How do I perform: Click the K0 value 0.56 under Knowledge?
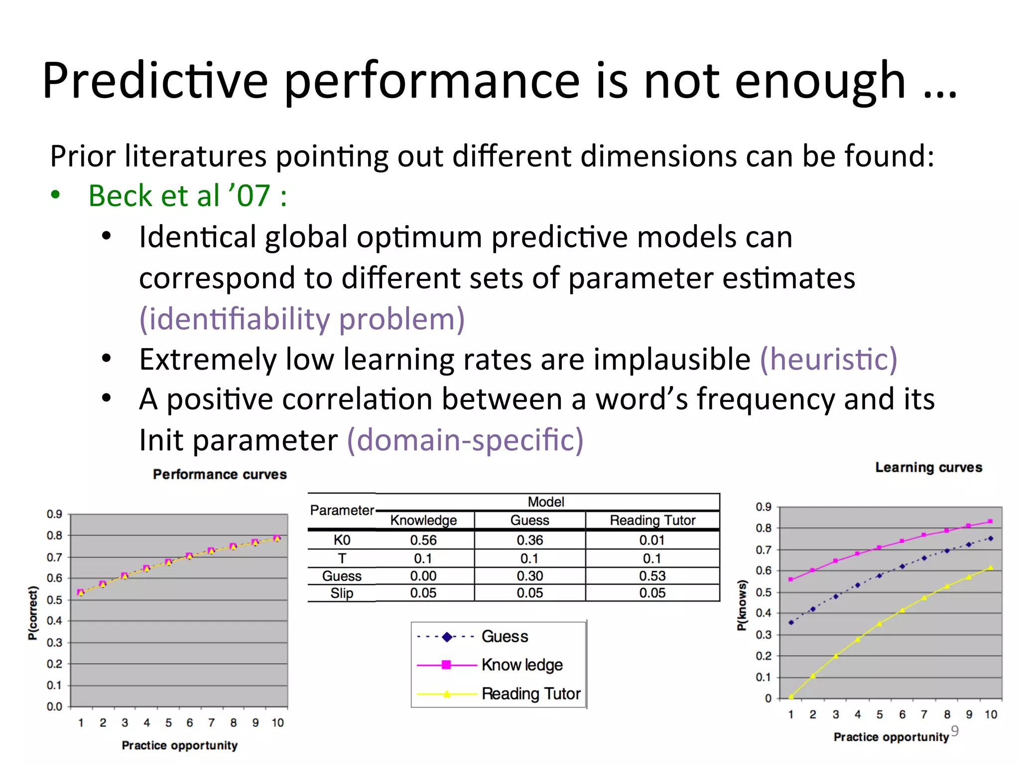point(423,540)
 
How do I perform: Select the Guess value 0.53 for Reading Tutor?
point(652,576)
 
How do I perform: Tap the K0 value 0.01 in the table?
point(652,540)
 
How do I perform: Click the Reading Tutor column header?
point(652,520)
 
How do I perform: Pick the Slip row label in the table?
point(342,593)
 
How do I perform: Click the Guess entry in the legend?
point(504,637)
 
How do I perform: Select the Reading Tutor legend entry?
point(530,694)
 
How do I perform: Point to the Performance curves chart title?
point(220,474)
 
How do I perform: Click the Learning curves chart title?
point(928,467)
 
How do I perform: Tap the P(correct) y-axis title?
point(33,613)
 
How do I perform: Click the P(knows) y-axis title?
point(742,605)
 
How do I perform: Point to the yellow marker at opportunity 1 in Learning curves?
point(791,696)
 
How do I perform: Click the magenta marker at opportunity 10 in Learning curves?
point(990,521)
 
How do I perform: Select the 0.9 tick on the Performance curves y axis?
point(54,514)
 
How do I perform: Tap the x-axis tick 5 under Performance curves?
point(168,723)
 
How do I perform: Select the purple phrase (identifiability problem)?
point(302,319)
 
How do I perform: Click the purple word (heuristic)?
point(828,359)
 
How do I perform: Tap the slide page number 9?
point(954,730)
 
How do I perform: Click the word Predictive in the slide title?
point(155,81)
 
